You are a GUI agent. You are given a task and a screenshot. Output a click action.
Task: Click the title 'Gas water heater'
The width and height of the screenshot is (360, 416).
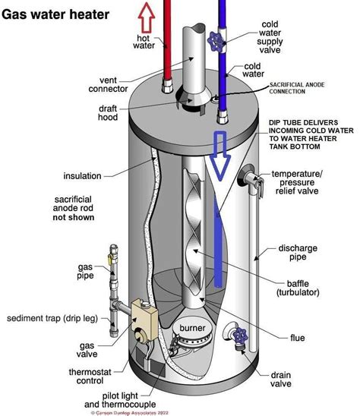pos(55,14)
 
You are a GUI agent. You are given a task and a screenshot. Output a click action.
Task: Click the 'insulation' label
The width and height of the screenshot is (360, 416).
pos(83,176)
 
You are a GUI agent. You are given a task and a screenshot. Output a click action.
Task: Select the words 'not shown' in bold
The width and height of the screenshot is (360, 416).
pos(73,217)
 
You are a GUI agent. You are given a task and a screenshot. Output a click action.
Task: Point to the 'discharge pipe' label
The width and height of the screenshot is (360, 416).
pos(317,253)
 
